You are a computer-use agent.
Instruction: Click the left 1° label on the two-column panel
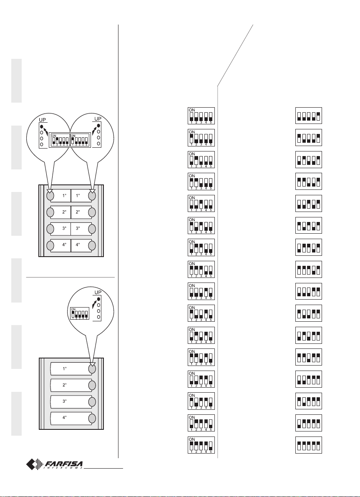tap(65, 195)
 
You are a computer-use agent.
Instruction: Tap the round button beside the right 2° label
tap(92, 212)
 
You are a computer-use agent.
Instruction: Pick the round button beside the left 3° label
tap(50, 229)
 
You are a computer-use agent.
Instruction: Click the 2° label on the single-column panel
tap(65, 385)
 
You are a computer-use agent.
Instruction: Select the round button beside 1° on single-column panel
tap(92, 368)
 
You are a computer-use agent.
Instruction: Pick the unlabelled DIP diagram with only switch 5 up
tap(308, 115)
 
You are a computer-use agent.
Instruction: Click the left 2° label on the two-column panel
tap(65, 212)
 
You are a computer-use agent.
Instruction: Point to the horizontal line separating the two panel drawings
tap(71, 276)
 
